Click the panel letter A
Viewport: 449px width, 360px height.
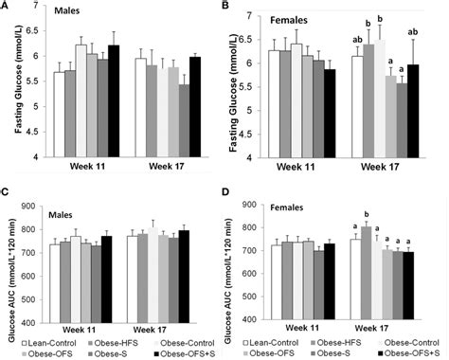[7, 8]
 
